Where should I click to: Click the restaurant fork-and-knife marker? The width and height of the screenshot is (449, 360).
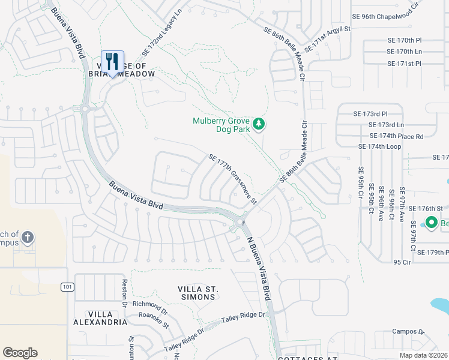[112, 62]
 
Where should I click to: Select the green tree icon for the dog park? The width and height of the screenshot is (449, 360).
[259, 124]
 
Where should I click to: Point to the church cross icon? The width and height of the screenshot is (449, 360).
[27, 238]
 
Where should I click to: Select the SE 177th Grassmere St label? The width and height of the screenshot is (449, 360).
[233, 179]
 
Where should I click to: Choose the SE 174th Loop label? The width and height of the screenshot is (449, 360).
[379, 146]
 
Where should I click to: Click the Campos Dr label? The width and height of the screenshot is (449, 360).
[408, 331]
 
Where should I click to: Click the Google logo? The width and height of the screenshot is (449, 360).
[20, 353]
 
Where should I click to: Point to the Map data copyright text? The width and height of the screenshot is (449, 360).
[423, 355]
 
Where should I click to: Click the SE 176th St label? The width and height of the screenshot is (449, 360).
[426, 208]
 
